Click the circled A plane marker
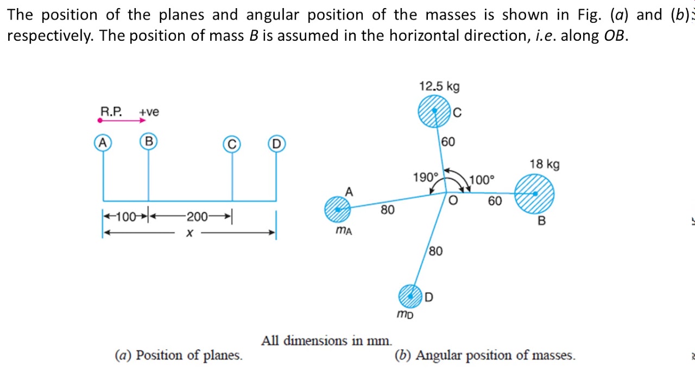click(102, 143)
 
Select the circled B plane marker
click(148, 142)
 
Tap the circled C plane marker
click(232, 144)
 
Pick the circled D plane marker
click(276, 144)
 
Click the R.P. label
click(111, 112)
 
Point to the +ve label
click(149, 112)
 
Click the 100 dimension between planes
click(126, 217)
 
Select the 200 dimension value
click(197, 217)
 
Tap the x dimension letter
click(189, 234)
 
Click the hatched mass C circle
click(434, 111)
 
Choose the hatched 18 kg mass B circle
click(534, 194)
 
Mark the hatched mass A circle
click(338, 210)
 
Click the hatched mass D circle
click(410, 296)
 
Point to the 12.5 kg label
click(439, 86)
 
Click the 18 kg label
click(545, 164)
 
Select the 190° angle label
click(425, 178)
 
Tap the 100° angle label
click(482, 180)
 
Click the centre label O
click(453, 201)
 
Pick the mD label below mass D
click(405, 314)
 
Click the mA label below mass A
click(344, 231)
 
